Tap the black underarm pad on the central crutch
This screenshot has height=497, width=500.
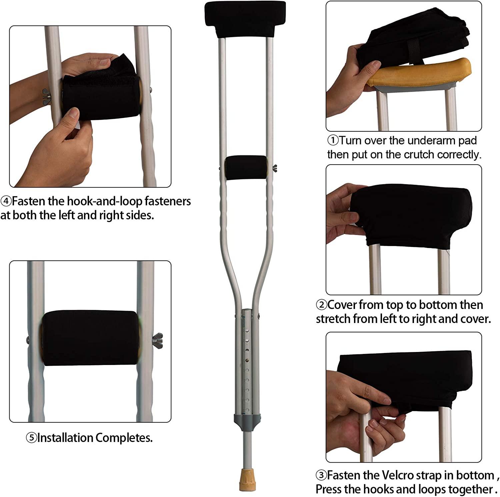coord(245,19)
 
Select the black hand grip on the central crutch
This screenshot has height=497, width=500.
coord(246,168)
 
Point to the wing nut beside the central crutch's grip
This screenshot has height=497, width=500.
coord(275,168)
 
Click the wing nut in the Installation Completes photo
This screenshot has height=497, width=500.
coord(158,340)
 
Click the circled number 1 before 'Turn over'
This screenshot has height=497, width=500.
coord(333,140)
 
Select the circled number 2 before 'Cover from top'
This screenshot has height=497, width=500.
coord(321,305)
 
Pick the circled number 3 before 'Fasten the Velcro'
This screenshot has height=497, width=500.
coord(321,475)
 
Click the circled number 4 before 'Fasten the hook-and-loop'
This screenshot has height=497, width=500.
coord(6,201)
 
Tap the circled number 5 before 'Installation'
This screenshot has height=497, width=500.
coord(31,438)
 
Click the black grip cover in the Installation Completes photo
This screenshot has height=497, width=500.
coord(90,338)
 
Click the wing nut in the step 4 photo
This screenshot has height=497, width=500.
coord(46,95)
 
